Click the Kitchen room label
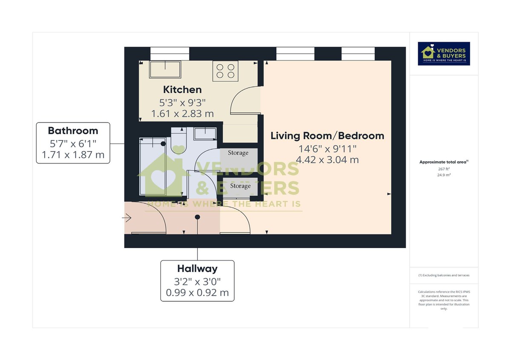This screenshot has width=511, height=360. tap(182, 90)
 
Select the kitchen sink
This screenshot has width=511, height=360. tap(165, 69)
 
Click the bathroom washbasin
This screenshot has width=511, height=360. tap(205, 133)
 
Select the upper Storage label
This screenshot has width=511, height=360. tap(238, 153)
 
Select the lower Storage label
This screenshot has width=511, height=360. tap(240, 186)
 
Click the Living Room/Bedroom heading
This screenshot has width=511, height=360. tap(327, 136)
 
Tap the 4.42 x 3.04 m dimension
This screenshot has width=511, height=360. tap(327, 160)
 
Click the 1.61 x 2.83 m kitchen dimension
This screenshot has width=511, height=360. tap(182, 114)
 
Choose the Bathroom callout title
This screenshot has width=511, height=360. tap(73, 131)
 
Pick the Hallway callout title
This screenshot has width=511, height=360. tap(197, 269)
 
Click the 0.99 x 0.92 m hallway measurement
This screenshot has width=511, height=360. tap(197, 293)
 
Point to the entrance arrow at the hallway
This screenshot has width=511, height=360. tap(126, 218)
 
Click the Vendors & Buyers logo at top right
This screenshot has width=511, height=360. tap(444, 54)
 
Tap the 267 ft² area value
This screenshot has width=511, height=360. tap(444, 169)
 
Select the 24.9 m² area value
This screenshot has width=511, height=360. tap(444, 174)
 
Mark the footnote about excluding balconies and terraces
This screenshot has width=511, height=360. tap(444, 275)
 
